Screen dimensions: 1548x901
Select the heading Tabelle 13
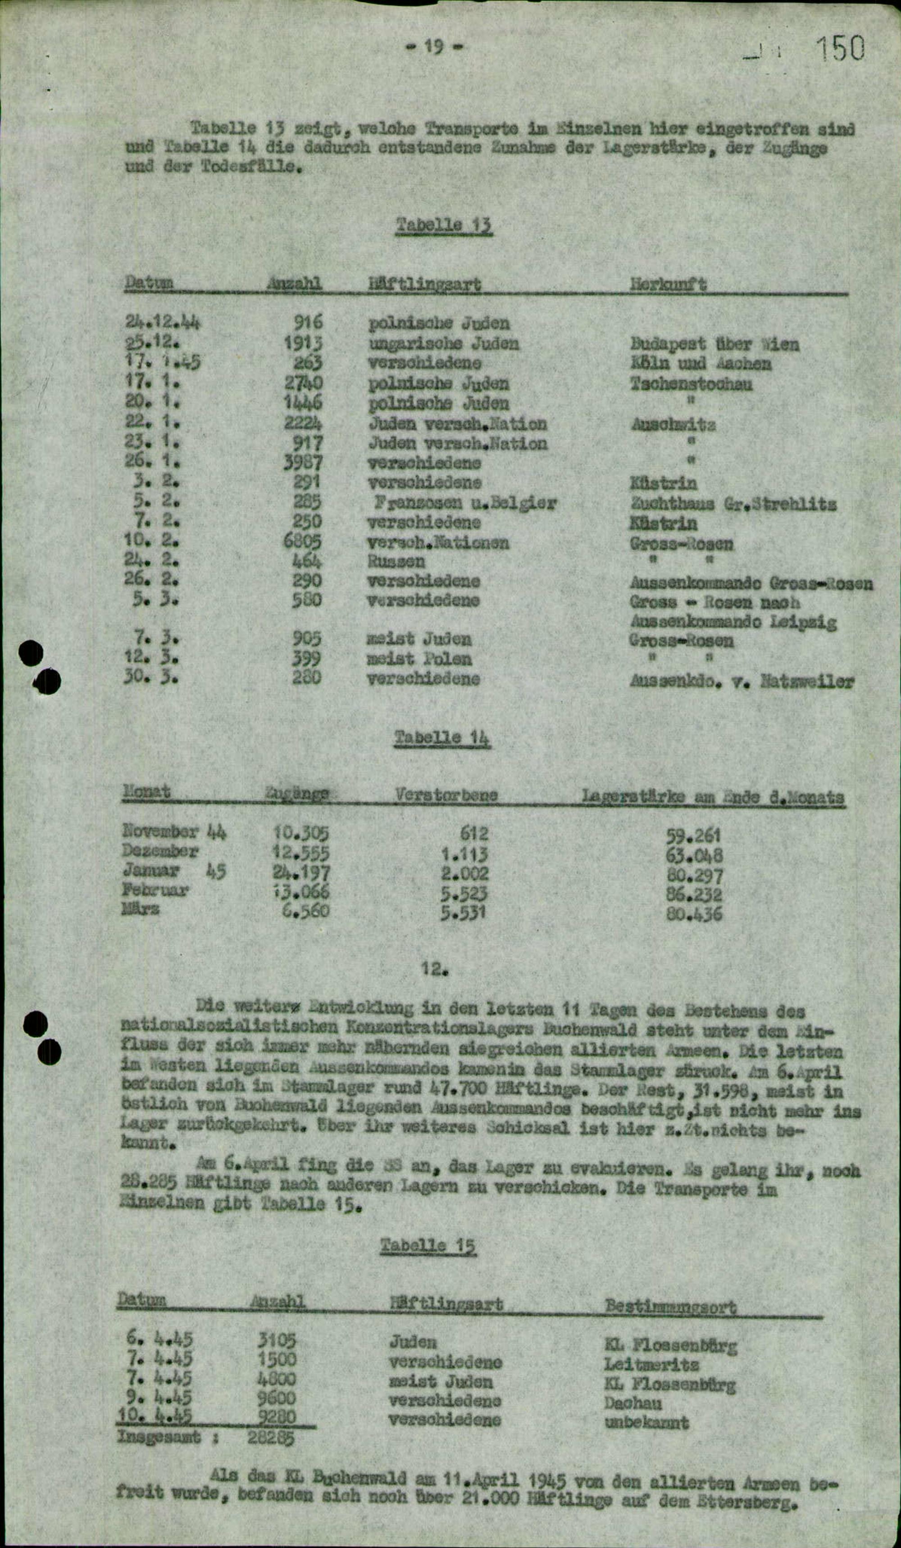pos(444,225)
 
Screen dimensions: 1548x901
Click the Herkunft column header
pos(668,284)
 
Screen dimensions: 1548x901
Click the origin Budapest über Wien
pos(714,344)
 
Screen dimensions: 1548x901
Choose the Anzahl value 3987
pos(303,462)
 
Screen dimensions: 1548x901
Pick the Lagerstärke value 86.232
pos(694,894)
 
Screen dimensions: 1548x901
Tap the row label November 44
pos(174,833)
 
